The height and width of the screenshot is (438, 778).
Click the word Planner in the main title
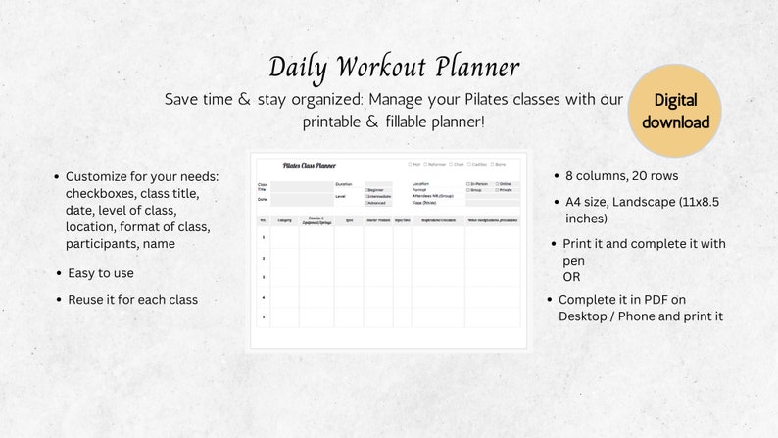(468, 67)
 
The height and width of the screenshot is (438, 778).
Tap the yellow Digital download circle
(675, 111)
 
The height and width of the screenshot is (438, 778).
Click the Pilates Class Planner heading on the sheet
(310, 166)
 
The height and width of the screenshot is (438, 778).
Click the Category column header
(284, 220)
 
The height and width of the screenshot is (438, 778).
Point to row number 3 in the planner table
(263, 278)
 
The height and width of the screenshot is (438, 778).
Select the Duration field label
(344, 183)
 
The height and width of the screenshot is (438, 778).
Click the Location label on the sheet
(420, 183)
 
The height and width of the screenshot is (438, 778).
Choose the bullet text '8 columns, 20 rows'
(621, 176)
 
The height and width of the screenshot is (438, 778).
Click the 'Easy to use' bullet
(101, 273)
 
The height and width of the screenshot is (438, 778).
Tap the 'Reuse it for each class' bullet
(132, 299)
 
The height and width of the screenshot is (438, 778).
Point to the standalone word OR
(571, 277)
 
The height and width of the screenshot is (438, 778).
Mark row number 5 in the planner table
(263, 317)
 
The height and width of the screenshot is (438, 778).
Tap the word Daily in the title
(299, 67)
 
